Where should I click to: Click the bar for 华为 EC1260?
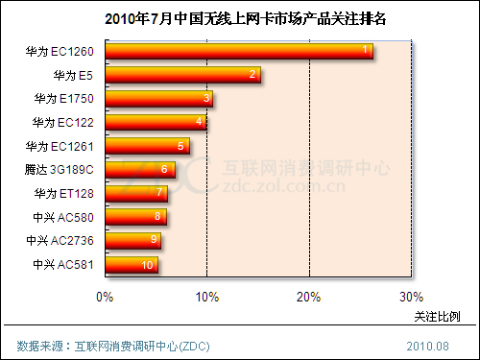238,51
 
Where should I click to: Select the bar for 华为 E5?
181,75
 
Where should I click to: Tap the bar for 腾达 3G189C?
139,170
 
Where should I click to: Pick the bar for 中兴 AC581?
131,265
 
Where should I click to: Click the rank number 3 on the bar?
207,98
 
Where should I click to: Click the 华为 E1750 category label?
63,98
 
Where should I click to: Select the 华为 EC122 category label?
63,122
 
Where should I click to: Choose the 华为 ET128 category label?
63,193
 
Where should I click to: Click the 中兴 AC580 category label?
63,217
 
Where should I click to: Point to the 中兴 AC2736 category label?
60,240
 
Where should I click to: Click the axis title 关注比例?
437,316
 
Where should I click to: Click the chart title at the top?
239,17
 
